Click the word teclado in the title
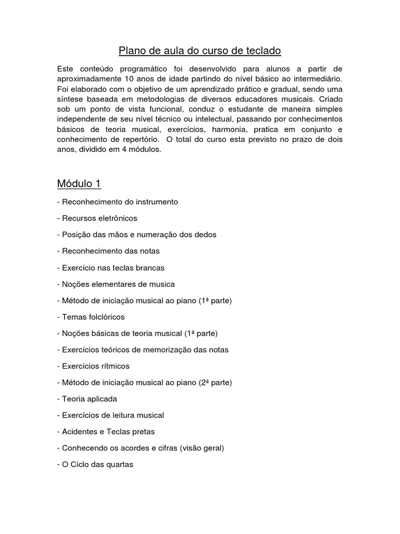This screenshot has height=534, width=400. (x=261, y=51)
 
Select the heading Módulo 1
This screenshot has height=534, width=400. (x=79, y=184)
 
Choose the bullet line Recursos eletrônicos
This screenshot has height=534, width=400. (x=97, y=218)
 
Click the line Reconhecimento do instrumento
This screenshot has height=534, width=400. (x=118, y=201)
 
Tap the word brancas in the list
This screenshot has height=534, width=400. (x=147, y=268)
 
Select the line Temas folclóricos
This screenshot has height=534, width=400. (x=91, y=317)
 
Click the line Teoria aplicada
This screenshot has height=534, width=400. (x=87, y=399)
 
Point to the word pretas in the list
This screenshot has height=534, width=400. (x=143, y=432)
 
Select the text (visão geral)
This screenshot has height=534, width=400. (x=200, y=448)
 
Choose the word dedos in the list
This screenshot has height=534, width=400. (x=205, y=235)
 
